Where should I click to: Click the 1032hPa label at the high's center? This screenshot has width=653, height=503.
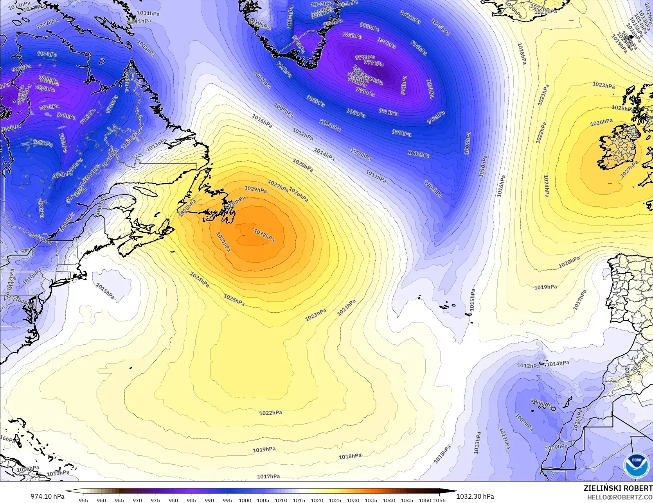click(264, 235)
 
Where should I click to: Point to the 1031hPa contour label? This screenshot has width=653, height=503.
click(223, 242)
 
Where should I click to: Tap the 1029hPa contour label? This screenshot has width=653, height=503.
click(255, 189)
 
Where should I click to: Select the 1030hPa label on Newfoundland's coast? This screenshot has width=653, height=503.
click(235, 202)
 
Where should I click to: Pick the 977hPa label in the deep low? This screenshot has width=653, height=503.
click(374, 63)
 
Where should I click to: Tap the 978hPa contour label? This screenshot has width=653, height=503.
click(365, 57)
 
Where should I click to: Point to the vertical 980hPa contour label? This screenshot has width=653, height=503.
click(403, 86)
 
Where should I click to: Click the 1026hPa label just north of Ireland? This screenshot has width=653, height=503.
click(601, 122)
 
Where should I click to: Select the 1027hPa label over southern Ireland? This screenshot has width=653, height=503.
click(629, 169)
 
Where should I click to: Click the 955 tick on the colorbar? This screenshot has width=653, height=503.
click(83, 500)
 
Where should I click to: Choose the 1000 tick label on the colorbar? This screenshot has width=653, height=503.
click(245, 500)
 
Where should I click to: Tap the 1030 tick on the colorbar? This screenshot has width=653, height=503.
click(353, 500)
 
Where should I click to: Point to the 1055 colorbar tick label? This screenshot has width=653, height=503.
click(439, 500)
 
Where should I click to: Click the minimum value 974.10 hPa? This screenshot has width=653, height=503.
click(47, 496)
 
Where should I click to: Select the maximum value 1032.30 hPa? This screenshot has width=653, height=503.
click(475, 496)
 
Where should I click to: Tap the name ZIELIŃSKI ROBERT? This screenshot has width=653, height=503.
click(618, 488)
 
